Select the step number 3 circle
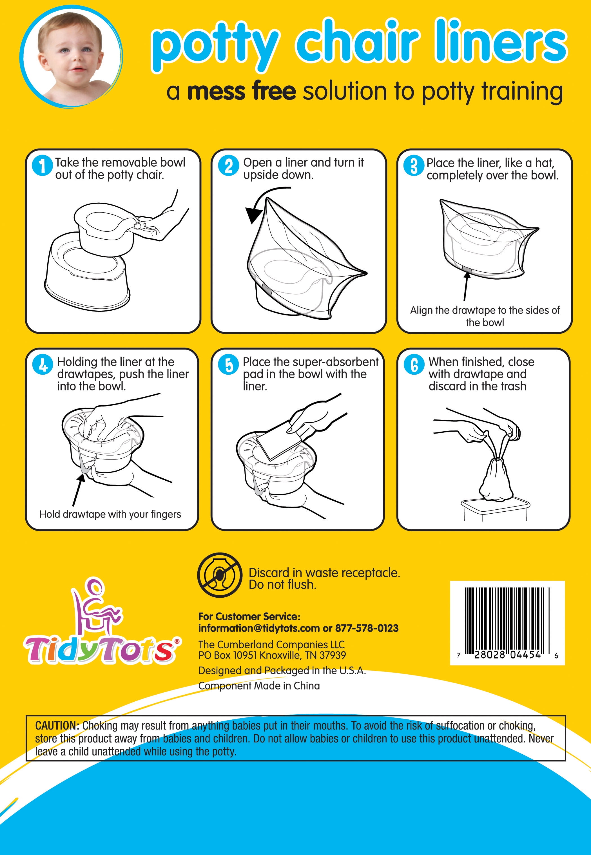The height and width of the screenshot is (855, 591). click(x=414, y=165)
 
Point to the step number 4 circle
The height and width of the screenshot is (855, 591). click(x=43, y=364)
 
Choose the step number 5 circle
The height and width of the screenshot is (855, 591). click(x=228, y=364)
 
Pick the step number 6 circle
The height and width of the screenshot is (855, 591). click(x=414, y=364)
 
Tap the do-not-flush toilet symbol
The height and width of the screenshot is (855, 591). click(x=220, y=575)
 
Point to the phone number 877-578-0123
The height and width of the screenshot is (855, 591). click(x=367, y=628)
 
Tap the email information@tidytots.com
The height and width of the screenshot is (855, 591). click(x=259, y=628)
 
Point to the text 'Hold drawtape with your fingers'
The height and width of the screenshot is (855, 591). click(x=110, y=514)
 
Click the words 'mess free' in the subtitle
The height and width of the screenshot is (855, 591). click(x=241, y=91)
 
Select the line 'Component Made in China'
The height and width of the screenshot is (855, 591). click(x=259, y=686)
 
